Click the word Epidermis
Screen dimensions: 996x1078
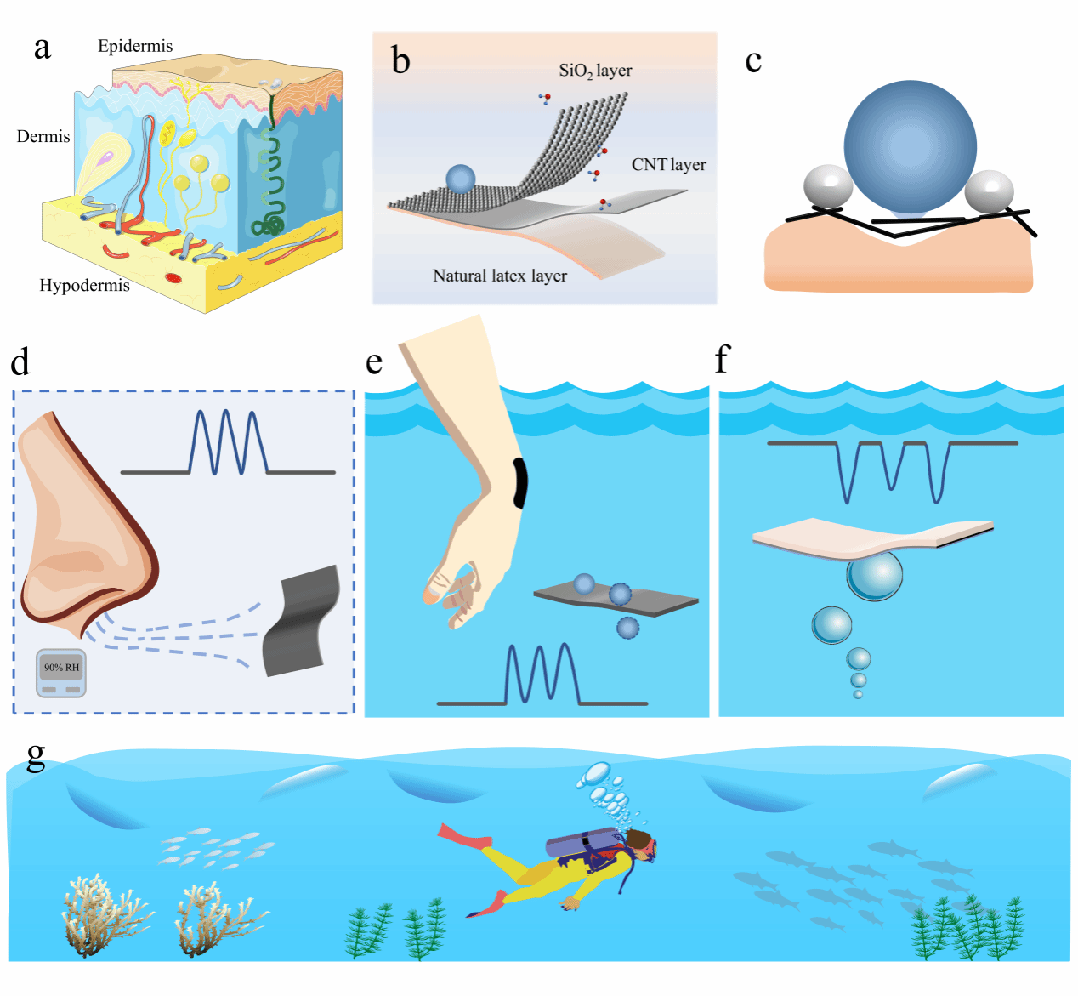pos(135,46)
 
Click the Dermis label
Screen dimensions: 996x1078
pos(43,137)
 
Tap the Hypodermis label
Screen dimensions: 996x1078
pos(84,286)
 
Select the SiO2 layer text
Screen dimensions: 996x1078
pos(595,71)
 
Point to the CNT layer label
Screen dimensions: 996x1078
pos(668,165)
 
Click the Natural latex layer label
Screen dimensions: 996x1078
pos(500,276)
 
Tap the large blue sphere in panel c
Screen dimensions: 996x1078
pos(911,147)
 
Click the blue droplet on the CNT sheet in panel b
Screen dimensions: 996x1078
pos(460,179)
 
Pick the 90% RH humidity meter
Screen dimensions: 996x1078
pos(61,673)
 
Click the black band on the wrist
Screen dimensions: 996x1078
pos(520,482)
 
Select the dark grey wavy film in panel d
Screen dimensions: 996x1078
pos(302,621)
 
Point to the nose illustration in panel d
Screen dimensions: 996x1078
pos(81,527)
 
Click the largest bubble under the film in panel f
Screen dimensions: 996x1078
pos(874,576)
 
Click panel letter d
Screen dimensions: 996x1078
pos(20,363)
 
